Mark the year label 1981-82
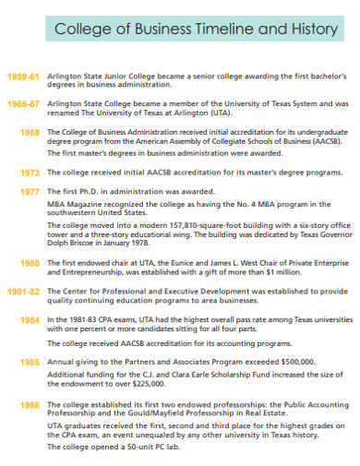click(22, 292)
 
